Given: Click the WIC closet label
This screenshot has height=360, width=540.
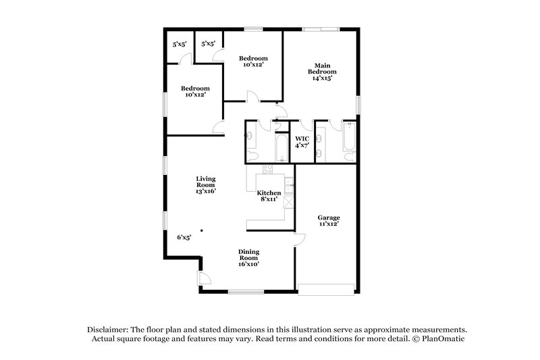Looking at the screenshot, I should [302, 138].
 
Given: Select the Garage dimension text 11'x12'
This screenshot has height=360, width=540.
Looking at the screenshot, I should [329, 224].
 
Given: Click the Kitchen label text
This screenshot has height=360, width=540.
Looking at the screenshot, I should [269, 192].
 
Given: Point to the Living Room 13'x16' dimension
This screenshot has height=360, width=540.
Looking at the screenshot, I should [206, 191].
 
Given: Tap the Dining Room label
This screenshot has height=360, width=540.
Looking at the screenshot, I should [248, 254].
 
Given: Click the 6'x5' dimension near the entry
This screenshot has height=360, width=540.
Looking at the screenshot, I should [184, 237].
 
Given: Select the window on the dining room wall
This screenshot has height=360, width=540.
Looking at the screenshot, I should [242, 292].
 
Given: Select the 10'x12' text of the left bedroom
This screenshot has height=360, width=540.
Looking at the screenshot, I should [194, 95].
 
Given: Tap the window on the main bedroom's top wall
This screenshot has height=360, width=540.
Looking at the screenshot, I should [321, 28].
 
